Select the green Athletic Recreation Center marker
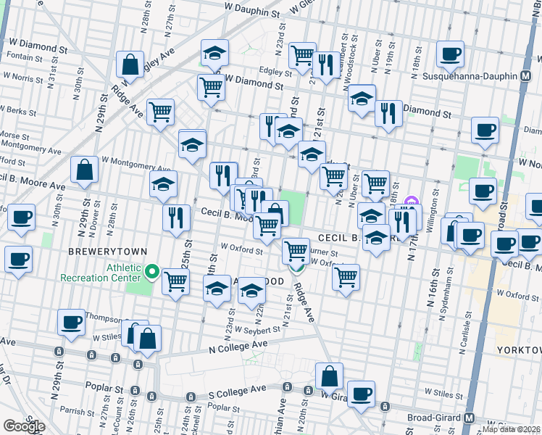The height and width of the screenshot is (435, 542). tap(152, 272)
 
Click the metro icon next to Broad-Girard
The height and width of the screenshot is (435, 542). tap(470, 418)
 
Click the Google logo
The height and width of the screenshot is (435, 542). tap(24, 426)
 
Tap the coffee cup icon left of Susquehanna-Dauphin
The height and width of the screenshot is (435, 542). tap(450, 53)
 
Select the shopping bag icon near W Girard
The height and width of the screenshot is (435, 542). tap(329, 376)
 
